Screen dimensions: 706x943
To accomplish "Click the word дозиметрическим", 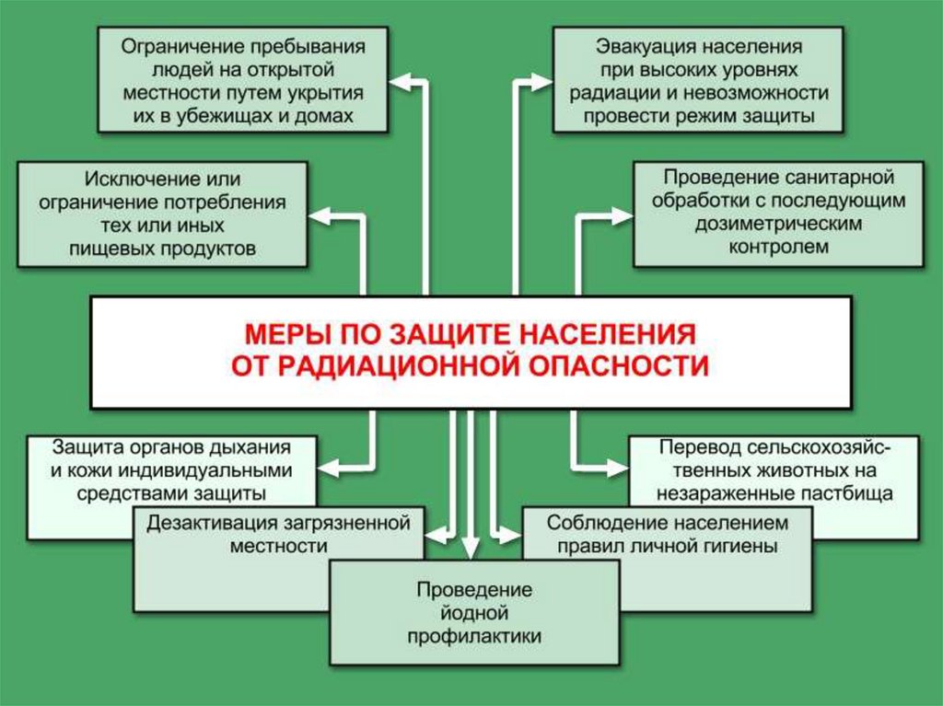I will tap(778, 224).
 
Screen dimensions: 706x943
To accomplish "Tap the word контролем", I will tap(779, 247).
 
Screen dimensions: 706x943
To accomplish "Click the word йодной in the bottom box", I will tap(473, 612).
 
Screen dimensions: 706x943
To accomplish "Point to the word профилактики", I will tap(473, 635).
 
